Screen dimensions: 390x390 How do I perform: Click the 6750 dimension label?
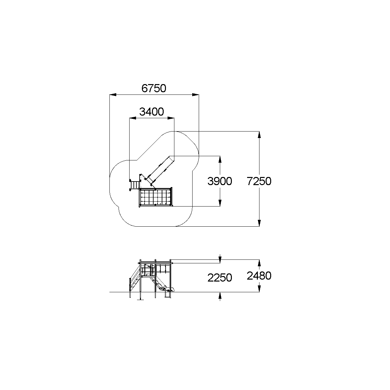(x=154, y=88)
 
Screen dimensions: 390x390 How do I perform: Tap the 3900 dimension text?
(x=220, y=181)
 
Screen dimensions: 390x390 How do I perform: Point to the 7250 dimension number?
(x=259, y=181)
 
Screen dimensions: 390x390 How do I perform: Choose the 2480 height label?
(x=259, y=276)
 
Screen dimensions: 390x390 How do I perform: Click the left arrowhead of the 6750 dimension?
(x=113, y=94)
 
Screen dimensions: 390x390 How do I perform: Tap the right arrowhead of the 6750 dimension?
(x=195, y=94)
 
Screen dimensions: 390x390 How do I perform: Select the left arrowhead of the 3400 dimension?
(x=133, y=118)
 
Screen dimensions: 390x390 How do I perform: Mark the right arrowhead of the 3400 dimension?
(x=171, y=118)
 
